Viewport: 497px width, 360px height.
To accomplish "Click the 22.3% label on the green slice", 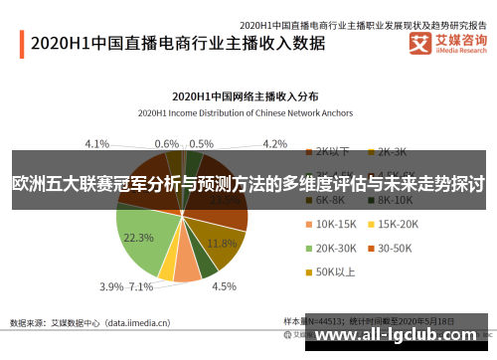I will [137, 239].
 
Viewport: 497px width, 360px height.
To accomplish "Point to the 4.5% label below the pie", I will [224, 286].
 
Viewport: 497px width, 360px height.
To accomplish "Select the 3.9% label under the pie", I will [112, 286].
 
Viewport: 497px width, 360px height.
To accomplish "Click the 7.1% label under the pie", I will [142, 286].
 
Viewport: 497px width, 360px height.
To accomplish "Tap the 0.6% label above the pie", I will [167, 143].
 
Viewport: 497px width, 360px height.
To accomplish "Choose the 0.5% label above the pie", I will [201, 143].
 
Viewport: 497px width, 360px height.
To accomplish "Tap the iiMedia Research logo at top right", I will [446, 44].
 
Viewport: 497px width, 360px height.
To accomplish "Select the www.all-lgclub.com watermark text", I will [402, 337].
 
